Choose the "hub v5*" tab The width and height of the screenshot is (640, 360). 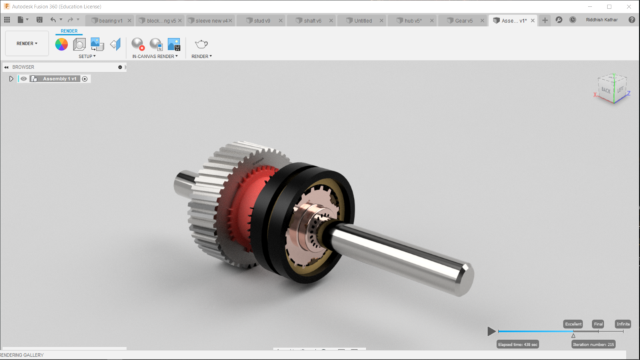(x=413, y=21)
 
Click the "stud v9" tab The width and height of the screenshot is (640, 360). (x=261, y=21)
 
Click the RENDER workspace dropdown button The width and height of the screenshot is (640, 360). (x=27, y=43)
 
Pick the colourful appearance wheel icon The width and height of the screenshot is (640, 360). (x=61, y=44)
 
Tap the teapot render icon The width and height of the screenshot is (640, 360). (x=201, y=44)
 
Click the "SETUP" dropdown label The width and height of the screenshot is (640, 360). (x=87, y=57)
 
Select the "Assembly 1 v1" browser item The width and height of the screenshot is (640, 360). (x=61, y=79)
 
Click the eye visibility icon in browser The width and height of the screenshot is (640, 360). (x=23, y=79)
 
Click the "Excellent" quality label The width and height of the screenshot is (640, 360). (x=573, y=324)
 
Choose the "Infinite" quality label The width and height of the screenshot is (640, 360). (x=623, y=324)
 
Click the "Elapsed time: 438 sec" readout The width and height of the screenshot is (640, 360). (x=517, y=344)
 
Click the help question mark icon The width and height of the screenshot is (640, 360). (x=631, y=20)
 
